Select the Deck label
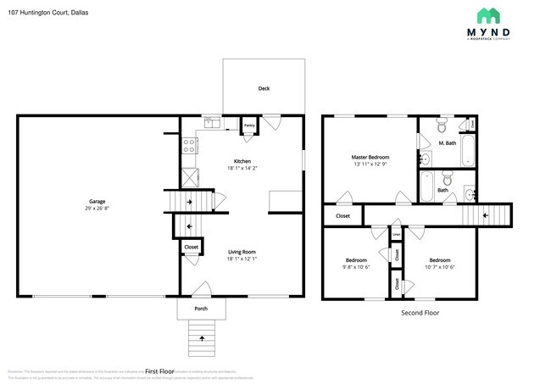(x=264, y=89)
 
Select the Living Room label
(x=242, y=252)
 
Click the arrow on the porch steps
(x=201, y=338)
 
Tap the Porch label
(x=201, y=309)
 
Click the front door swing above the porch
(x=197, y=288)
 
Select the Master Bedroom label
(x=370, y=157)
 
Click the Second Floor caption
(x=420, y=313)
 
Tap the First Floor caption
(x=159, y=371)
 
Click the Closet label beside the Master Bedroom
(x=342, y=216)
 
